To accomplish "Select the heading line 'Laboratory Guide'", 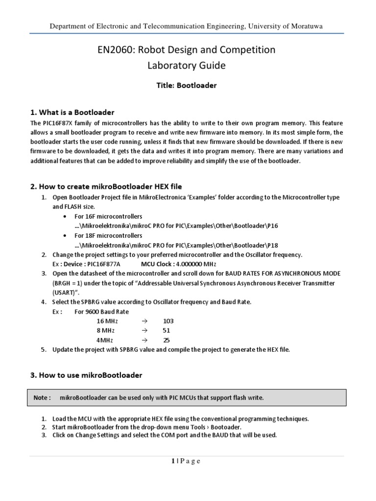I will click(188, 65).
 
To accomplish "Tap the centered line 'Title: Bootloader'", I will click(188, 85).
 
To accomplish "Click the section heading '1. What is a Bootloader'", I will click(72, 113).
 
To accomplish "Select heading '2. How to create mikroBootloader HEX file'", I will click(106, 186).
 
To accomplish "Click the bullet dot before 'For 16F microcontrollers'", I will click(65, 216).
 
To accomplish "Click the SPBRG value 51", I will click(166, 330).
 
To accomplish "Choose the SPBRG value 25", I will click(166, 340).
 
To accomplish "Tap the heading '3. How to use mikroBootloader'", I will click(86, 375).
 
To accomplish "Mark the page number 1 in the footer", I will click(174, 461).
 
